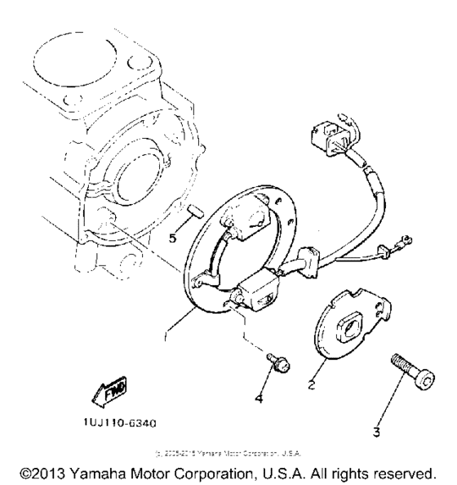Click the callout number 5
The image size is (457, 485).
pos(172,238)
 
